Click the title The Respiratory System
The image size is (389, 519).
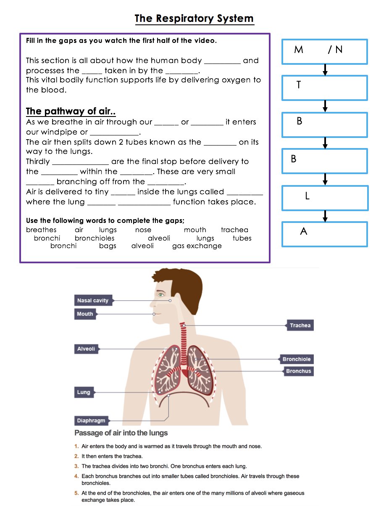[194, 19]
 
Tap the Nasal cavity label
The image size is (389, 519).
[93, 301]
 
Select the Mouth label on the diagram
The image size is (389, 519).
[85, 314]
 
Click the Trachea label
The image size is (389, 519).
[300, 325]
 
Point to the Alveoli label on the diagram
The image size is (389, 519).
[86, 349]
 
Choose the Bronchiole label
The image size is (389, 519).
[297, 359]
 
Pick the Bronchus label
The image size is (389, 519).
[298, 371]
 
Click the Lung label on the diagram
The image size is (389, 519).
[84, 392]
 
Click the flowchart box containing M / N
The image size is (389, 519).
[325, 52]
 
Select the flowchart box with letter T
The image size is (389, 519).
[325, 88]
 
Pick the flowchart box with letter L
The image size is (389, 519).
[325, 198]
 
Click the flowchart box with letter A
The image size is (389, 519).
[325, 234]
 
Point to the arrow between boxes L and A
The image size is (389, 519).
[325, 216]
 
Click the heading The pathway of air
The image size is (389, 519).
[71, 111]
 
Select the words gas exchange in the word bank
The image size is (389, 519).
[197, 246]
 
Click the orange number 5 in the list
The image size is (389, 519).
[76, 493]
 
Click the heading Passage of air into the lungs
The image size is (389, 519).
[121, 433]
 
